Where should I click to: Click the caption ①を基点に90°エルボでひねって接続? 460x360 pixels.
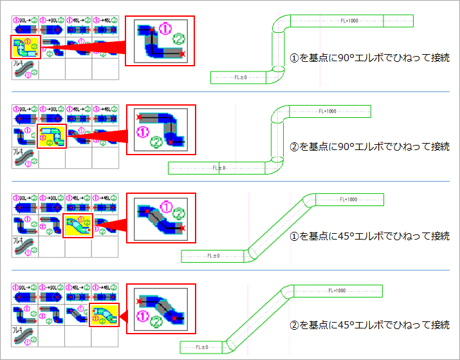point(369,58)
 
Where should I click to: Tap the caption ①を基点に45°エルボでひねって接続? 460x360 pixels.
point(369,236)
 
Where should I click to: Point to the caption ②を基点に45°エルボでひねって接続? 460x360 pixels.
point(369,325)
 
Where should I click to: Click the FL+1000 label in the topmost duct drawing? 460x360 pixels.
point(349,21)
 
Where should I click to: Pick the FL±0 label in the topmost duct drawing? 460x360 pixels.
point(240,77)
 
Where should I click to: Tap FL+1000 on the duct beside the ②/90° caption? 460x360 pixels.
point(327,111)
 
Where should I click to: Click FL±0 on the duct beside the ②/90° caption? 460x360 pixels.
point(218,167)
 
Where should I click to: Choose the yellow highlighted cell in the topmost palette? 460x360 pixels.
point(25,47)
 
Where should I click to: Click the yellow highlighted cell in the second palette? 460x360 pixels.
point(51,137)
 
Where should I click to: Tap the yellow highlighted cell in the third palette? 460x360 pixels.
point(78,226)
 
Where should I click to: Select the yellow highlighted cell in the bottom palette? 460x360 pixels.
point(104,315)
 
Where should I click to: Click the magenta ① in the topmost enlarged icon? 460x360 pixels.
point(165,28)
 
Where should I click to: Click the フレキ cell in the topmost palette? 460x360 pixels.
point(25,68)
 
